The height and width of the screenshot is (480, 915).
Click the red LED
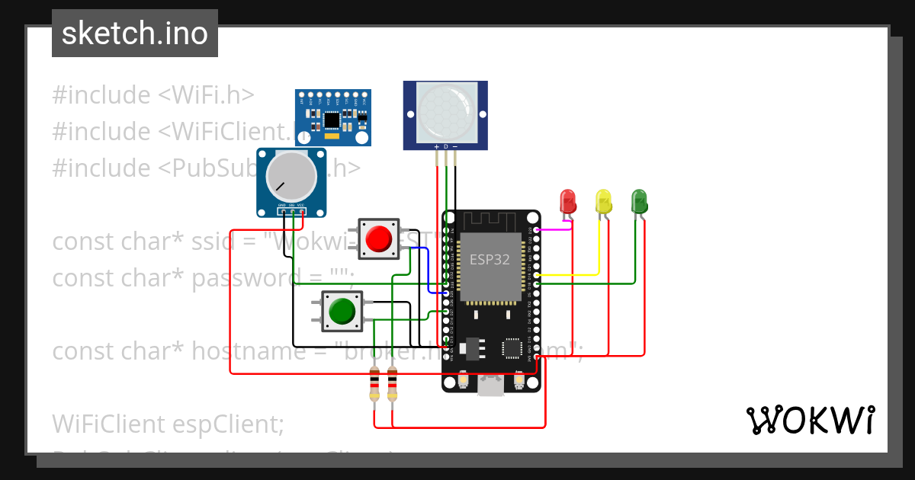(x=568, y=201)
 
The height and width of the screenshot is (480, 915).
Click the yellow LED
(x=603, y=201)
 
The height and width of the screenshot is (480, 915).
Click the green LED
(x=639, y=201)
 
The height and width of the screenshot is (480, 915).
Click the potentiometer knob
(x=291, y=176)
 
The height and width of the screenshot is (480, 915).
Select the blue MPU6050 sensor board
(x=333, y=117)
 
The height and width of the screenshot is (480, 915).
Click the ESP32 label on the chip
(x=489, y=260)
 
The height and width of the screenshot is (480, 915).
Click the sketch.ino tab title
(x=135, y=34)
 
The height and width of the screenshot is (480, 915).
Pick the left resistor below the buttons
(x=374, y=384)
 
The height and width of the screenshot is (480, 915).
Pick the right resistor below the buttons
(x=392, y=384)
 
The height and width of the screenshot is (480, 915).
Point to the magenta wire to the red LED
(x=554, y=228)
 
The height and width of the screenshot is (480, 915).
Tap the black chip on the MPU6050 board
(x=332, y=120)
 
